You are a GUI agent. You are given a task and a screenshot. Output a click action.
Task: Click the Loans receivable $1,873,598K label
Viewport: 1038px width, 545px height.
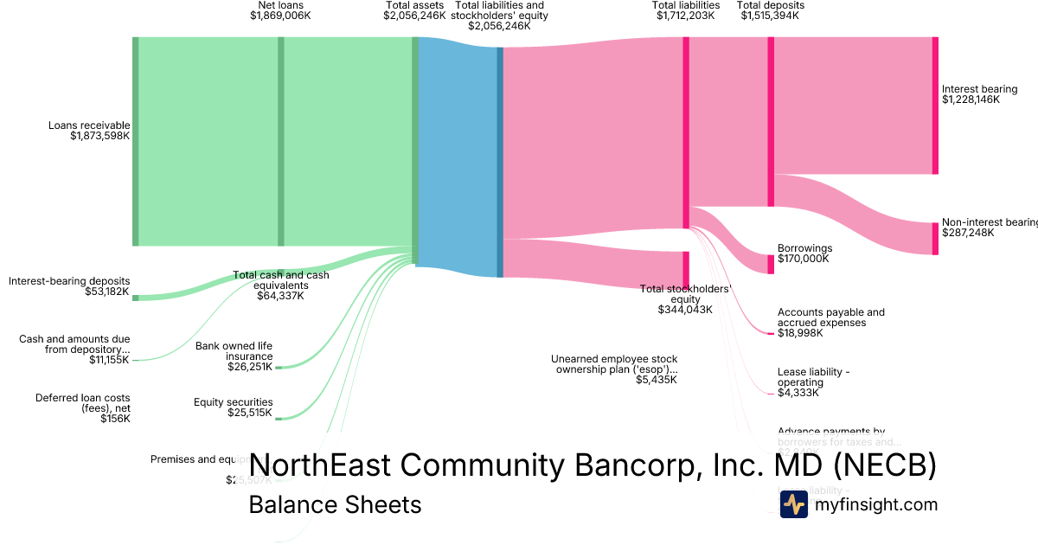pos(89,131)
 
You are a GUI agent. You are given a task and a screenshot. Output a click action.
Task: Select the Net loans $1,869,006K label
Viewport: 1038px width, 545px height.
pos(280,10)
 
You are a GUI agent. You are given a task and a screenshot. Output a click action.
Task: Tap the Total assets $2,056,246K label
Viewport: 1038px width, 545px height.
pos(415,10)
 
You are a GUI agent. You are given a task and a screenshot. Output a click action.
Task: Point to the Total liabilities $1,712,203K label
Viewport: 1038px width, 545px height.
pos(686,10)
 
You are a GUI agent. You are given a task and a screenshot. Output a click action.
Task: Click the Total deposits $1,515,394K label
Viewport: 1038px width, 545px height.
pos(771,10)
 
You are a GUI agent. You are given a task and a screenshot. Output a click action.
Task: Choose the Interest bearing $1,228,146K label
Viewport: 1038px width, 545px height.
pos(979,94)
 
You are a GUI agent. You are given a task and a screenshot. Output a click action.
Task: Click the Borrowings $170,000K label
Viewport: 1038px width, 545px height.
pos(803,253)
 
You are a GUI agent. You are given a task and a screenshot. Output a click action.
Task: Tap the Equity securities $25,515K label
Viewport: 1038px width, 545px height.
pos(234,407)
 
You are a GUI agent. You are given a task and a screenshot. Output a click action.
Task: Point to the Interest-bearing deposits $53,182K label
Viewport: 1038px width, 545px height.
pos(69,286)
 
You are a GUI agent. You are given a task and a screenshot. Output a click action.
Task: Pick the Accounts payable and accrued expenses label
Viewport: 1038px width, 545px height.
pos(830,323)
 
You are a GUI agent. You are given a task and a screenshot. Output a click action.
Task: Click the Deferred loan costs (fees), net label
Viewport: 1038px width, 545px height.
pos(83,408)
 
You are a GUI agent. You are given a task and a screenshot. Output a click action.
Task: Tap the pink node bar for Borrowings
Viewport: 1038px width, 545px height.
pos(771,264)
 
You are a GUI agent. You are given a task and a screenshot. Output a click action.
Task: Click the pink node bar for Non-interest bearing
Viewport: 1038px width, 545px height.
pos(935,239)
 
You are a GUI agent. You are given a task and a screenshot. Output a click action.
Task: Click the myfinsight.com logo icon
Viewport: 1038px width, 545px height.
pos(793,504)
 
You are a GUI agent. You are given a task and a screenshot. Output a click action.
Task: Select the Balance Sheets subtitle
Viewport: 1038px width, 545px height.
pos(335,504)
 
